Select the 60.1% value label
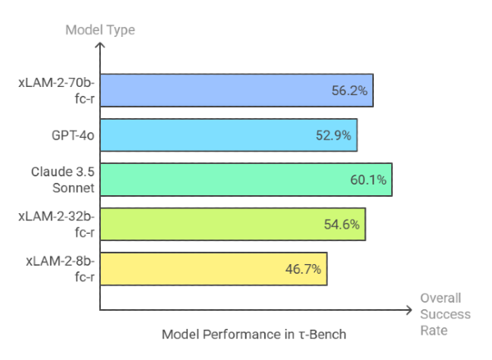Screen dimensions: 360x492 click(369, 180)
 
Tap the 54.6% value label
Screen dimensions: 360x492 click(343, 224)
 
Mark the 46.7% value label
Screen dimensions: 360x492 click(304, 268)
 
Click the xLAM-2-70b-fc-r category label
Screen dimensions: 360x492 click(57, 90)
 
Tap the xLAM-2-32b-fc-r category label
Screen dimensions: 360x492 click(57, 224)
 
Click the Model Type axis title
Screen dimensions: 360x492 click(99, 30)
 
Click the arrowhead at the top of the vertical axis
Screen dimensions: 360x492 click(100, 46)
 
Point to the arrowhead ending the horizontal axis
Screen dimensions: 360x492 click(408, 310)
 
